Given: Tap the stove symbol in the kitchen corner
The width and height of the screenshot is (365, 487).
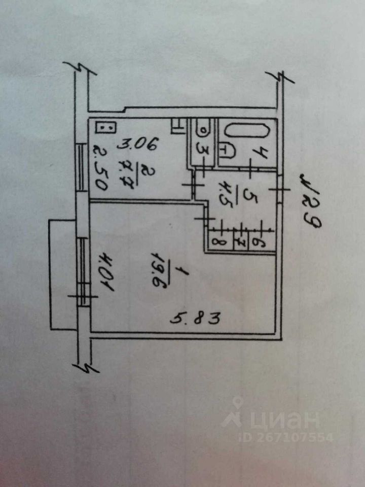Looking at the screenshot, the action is (105, 128).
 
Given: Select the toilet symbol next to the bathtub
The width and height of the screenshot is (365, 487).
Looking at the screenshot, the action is (227, 150).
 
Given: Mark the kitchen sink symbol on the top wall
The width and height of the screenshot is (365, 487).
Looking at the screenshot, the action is (178, 124).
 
